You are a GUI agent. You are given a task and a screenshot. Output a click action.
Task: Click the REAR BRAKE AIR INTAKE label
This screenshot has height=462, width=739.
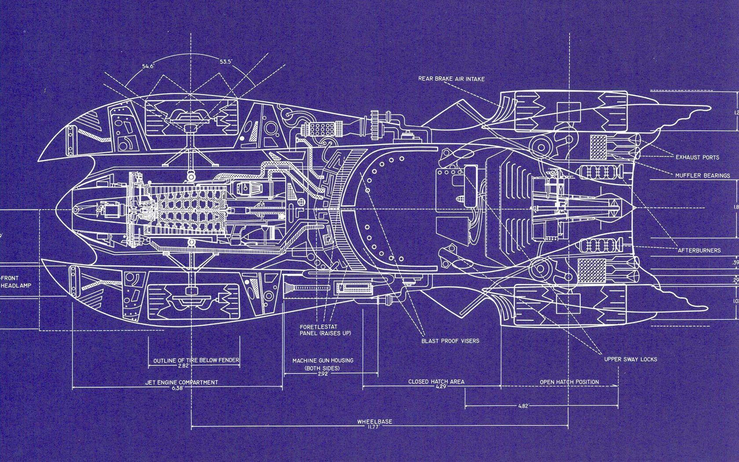pos(451,79)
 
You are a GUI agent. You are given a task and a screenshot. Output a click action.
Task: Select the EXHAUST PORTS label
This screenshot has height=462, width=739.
pos(697,157)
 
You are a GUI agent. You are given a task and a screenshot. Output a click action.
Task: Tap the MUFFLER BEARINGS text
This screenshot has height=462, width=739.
pos(702,176)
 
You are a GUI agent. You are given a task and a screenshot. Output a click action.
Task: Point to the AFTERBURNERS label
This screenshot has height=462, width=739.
pos(699,250)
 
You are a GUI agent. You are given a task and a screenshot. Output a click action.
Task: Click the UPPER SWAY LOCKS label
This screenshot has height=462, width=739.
pos(630,359)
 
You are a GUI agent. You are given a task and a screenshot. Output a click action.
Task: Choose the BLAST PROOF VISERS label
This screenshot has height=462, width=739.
pos(450,341)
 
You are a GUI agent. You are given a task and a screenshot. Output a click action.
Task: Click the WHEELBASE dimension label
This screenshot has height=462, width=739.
pos(374,421)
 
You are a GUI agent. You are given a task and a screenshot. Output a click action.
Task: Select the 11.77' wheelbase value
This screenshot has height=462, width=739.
pos(374,426)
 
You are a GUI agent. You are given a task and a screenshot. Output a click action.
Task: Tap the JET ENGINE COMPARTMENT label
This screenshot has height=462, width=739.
pos(181,382)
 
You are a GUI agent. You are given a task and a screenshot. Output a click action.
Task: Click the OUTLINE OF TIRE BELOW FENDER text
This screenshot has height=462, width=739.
pos(196,361)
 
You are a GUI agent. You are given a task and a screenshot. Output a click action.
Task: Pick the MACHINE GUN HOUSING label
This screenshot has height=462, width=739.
pos(323,361)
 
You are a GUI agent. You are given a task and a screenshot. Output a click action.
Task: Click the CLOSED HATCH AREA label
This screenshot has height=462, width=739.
pos(436,381)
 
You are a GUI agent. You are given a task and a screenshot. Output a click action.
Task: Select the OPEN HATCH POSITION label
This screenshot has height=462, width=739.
pos(569,382)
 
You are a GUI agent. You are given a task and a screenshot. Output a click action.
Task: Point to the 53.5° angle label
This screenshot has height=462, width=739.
pos(226,61)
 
